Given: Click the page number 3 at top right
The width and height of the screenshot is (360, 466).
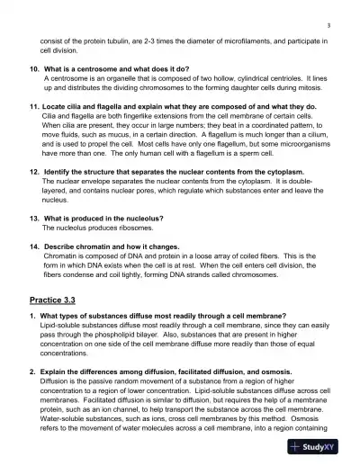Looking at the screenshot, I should [329, 24].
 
